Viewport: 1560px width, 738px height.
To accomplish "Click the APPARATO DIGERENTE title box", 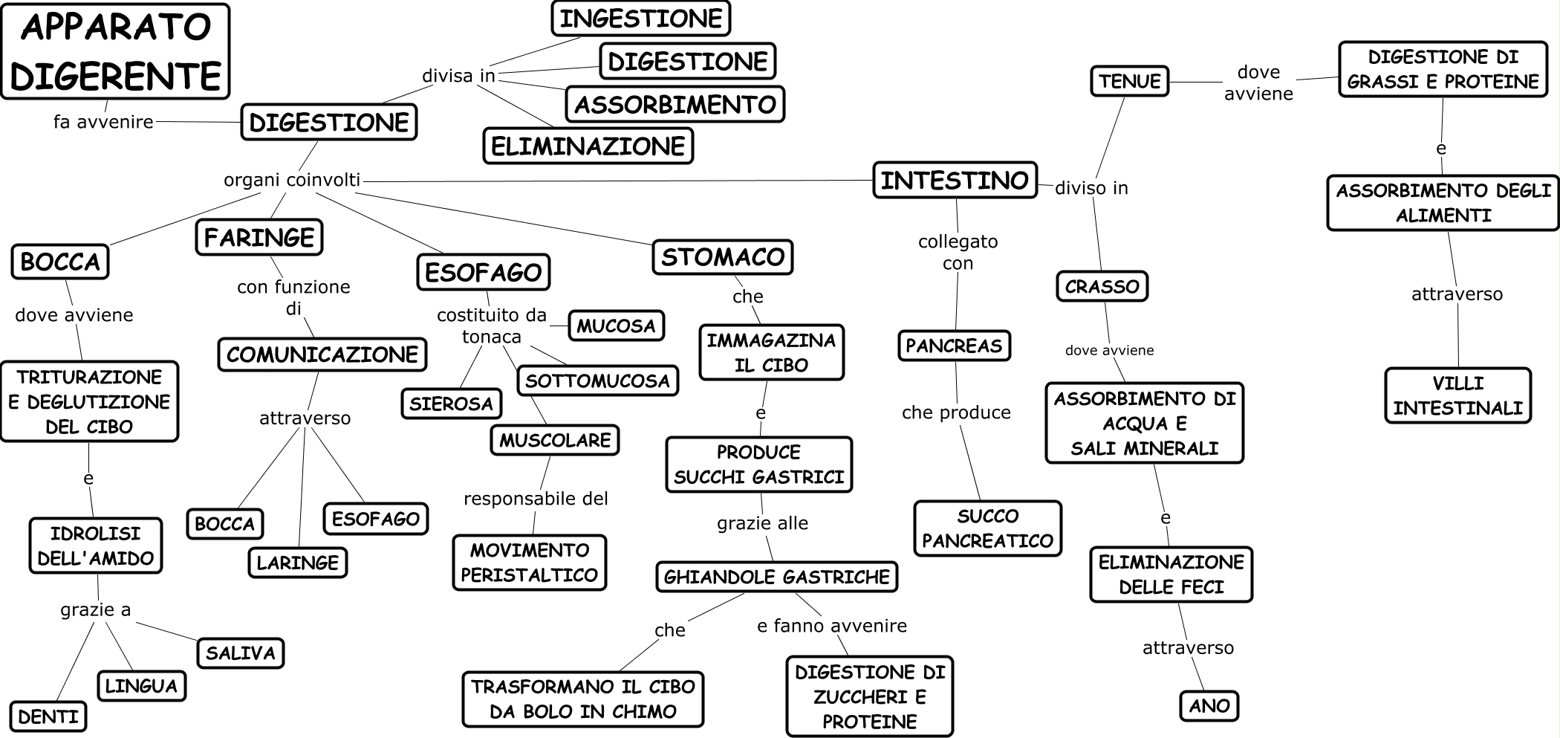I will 115,51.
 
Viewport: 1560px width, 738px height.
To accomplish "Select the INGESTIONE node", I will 640,19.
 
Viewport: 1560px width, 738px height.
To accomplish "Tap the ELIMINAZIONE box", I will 588,146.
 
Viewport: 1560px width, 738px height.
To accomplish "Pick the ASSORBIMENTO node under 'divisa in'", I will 675,104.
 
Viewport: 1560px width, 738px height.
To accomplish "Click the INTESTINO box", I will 955,180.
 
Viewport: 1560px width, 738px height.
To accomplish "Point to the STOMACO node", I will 723,257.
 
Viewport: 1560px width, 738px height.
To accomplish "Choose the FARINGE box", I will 259,237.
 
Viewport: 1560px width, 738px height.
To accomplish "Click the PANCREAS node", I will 954,346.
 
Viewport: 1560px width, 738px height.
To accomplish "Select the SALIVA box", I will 240,653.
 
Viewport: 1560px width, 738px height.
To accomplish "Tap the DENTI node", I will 48,716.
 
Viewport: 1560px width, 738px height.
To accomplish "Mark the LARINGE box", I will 297,563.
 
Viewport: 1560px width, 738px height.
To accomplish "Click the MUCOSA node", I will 616,326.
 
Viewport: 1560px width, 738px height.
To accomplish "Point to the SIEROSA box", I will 451,404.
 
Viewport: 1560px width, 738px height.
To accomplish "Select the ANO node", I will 1209,705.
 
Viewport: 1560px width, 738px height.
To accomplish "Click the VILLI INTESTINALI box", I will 1457,395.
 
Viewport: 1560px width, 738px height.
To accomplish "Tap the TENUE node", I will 1129,81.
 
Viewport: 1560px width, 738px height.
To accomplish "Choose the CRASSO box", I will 1102,286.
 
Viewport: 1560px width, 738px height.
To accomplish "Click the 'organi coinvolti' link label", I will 292,180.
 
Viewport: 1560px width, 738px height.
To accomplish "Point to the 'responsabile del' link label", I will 536,499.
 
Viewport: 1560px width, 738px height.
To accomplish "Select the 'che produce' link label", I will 956,412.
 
